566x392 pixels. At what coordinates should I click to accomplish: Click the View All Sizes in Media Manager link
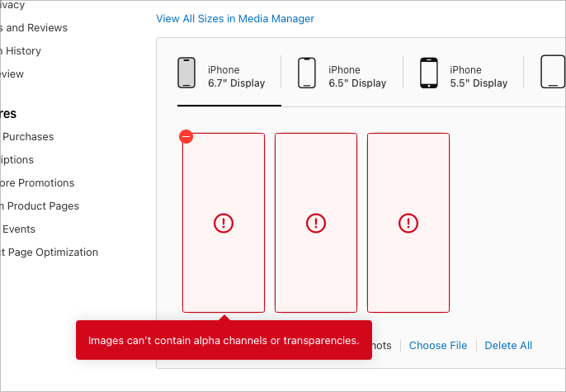235,19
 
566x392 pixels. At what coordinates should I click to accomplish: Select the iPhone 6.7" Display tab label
236,77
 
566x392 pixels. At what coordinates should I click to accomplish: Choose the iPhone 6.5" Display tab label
357,77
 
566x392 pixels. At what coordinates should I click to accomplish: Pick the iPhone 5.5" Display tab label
479,77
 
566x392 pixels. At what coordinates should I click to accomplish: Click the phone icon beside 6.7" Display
186,73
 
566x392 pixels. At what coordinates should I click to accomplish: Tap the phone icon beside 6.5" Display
307,73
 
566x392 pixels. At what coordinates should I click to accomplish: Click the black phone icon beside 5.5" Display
428,73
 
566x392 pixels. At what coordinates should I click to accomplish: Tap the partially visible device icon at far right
552,73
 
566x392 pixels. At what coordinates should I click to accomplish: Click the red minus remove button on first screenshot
186,137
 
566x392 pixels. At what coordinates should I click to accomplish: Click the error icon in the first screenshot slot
224,223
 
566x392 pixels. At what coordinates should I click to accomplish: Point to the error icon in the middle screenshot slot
316,223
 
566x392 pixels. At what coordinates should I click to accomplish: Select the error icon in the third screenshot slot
408,223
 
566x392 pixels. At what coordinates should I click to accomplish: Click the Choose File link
438,346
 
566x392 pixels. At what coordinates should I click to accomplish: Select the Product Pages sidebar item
41,206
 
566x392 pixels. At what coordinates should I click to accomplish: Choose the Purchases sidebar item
28,137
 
